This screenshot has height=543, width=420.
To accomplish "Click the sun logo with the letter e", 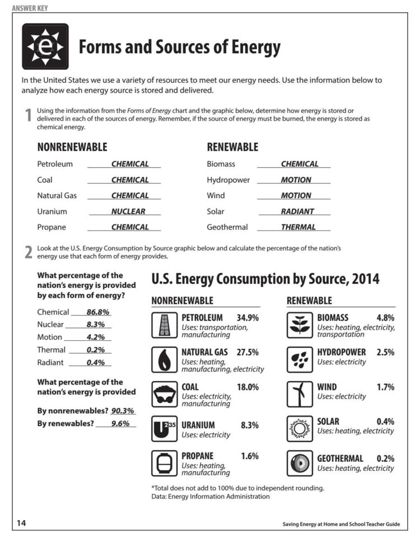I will pos(45,46).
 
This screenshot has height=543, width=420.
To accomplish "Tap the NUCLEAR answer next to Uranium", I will pos(128,212).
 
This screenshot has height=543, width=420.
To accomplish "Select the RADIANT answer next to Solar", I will pos(297,212).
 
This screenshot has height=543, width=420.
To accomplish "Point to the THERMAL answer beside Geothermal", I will pos(298,227).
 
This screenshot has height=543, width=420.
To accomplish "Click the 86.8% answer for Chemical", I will pos(98,312).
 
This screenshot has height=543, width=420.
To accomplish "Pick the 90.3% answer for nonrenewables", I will pos(123,411).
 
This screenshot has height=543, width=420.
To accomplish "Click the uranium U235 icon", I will pos(164,429).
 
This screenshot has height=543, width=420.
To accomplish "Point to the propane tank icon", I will pos(164,464).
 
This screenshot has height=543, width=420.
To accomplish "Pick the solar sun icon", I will pos(300,429).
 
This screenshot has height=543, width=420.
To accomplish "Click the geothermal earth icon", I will pos(300,464).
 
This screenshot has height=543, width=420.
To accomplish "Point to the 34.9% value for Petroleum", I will pos(248,317).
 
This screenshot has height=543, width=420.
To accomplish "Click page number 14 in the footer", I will pos(21,523).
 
